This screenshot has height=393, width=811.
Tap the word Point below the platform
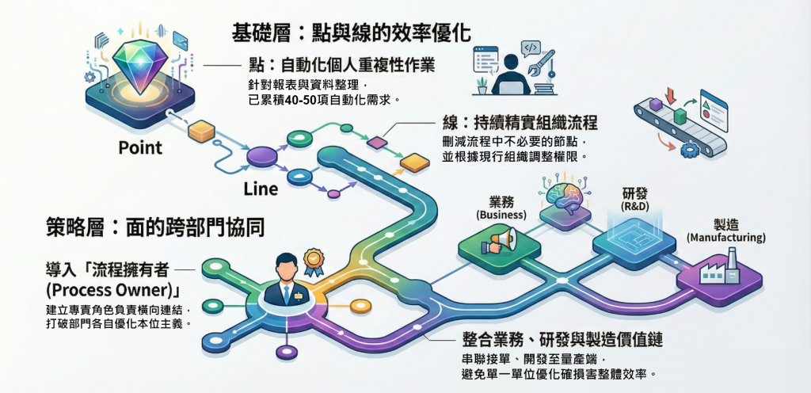coord(140,147)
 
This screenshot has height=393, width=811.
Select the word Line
coord(260,189)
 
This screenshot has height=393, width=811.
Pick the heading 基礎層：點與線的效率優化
coord(351,32)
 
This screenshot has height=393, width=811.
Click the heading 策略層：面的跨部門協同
coord(154,227)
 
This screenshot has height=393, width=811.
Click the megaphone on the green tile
coord(501,241)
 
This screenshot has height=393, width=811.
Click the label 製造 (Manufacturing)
coord(725,231)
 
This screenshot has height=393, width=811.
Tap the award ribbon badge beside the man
coord(314,259)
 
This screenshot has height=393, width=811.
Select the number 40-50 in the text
coord(297,100)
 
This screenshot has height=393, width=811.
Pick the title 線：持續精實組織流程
coord(519,124)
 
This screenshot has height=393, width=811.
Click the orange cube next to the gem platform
coord(203,131)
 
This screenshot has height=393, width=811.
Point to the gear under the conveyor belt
coord(688,147)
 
